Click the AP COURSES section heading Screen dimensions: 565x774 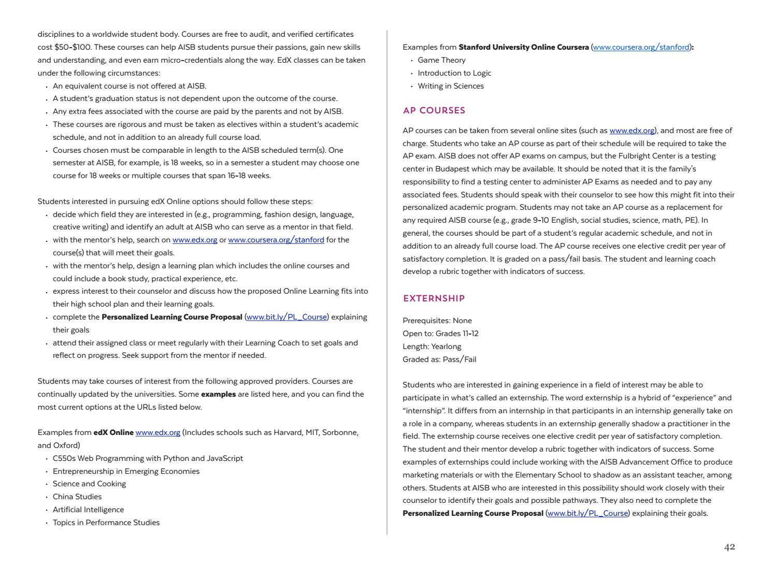click(434, 110)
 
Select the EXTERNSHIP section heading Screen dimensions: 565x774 click(434, 298)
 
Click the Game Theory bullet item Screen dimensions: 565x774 click(441, 60)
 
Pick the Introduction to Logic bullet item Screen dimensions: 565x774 click(454, 73)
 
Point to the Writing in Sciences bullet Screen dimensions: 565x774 click(450, 86)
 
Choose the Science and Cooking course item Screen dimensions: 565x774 click(89, 484)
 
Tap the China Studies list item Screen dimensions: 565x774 click(77, 497)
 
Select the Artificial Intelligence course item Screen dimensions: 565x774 click(88, 510)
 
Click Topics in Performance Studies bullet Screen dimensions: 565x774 click(106, 523)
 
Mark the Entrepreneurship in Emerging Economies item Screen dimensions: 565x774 click(126, 471)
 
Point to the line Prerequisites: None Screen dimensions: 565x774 click(437, 321)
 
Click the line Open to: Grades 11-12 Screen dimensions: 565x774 click(440, 334)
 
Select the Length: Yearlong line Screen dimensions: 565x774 click(432, 346)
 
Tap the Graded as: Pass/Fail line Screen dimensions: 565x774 click(439, 359)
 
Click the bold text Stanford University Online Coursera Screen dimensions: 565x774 click(524, 47)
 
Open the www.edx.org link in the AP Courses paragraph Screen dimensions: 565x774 click(632, 131)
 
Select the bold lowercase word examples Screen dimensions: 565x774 click(218, 394)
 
